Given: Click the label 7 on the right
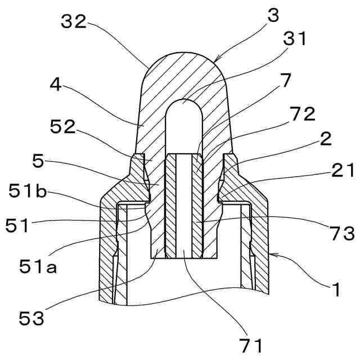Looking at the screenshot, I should [285, 80].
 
